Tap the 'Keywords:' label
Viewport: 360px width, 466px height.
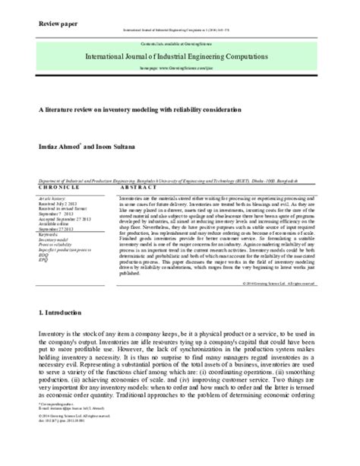coord(48,236)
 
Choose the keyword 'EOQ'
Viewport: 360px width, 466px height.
coord(44,256)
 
